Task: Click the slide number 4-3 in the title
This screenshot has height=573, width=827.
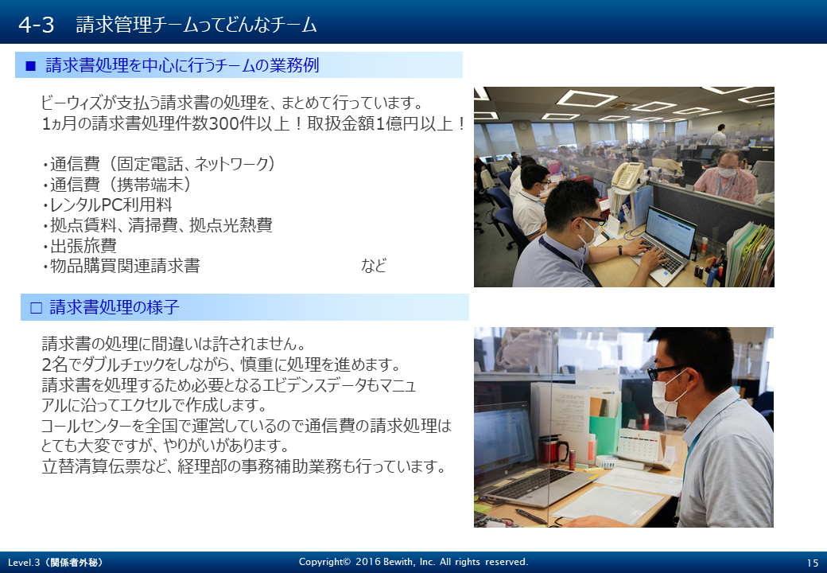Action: point(36,25)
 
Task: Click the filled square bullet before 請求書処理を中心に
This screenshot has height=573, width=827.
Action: point(30,66)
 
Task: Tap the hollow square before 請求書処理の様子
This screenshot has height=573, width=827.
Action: point(36,308)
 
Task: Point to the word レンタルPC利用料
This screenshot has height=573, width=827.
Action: point(111,205)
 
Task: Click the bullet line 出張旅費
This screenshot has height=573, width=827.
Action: point(80,246)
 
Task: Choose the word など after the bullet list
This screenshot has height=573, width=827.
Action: point(374,265)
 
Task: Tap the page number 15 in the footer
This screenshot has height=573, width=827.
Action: point(812,563)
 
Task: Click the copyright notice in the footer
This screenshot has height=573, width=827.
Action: point(413,562)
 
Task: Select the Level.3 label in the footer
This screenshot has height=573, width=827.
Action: point(56,563)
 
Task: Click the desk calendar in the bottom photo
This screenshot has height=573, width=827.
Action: point(641,446)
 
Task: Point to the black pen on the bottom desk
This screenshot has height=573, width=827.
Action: point(530,516)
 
